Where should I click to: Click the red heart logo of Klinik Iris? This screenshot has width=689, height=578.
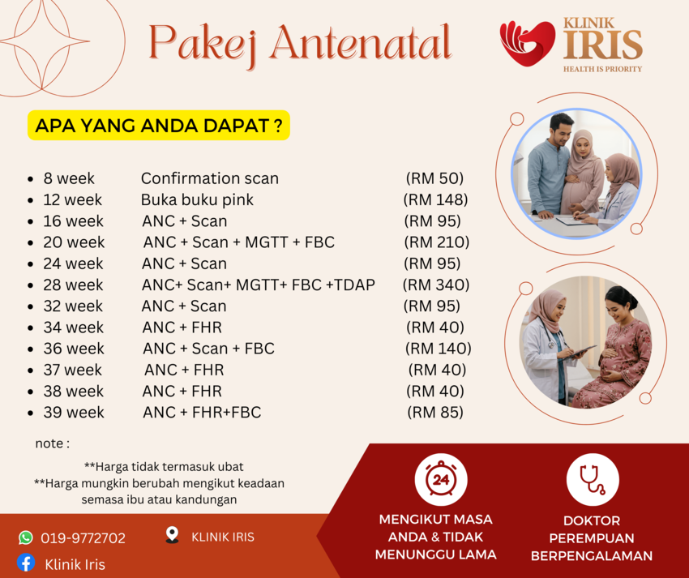coord(528,44)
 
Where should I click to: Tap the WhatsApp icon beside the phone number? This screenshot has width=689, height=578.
coord(25,537)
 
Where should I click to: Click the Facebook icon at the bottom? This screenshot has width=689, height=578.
coord(26,563)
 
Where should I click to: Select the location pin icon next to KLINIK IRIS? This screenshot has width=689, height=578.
coord(172,535)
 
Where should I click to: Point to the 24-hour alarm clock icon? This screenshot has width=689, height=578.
coord(441,478)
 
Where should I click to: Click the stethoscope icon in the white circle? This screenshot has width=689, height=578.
coord(593,480)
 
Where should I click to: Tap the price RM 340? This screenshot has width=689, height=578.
coord(436,285)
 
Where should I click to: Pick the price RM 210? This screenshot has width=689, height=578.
coord(436,242)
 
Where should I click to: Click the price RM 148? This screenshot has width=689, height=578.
coord(435,200)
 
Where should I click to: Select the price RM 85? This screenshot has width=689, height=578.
coord(435,413)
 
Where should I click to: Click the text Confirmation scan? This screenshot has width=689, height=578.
coord(210,178)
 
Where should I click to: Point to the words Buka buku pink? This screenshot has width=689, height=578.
coord(197,200)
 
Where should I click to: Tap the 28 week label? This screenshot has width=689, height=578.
coord(73,285)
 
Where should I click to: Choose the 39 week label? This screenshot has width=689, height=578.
coord(74,413)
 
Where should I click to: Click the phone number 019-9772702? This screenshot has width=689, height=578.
coord(83,538)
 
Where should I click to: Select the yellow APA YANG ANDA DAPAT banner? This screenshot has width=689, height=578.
coord(159,126)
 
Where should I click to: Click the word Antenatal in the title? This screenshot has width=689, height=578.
coord(361,43)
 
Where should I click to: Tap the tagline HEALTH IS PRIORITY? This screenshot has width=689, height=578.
coord(602,69)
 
